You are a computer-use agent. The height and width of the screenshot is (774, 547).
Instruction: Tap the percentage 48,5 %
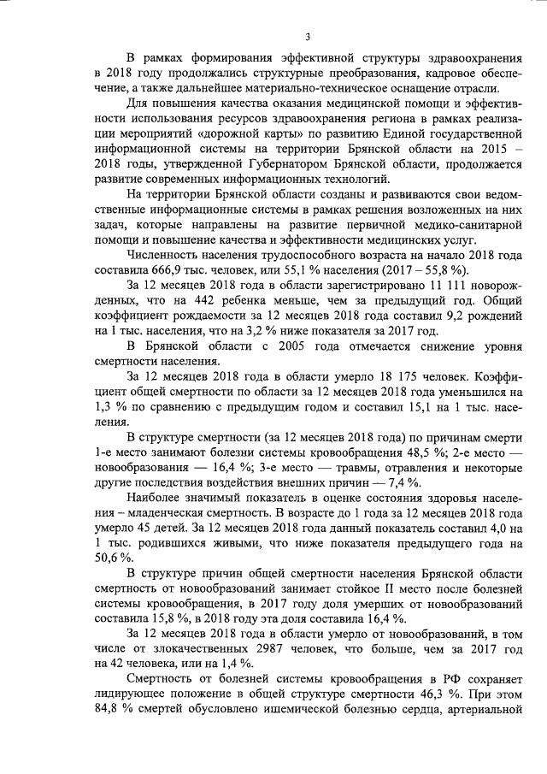point(388,454)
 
